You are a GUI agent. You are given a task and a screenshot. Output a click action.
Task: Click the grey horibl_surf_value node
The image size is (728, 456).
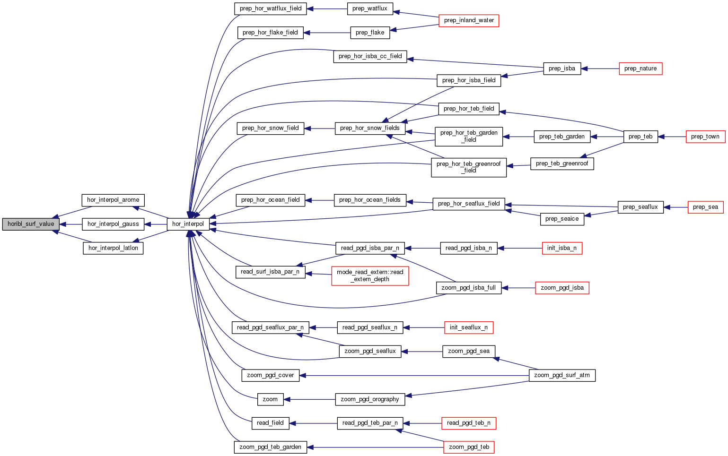coord(31,224)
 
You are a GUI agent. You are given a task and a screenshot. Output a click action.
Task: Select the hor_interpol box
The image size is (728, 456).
coord(188,224)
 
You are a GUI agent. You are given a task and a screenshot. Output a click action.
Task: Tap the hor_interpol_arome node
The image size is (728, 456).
coord(113,200)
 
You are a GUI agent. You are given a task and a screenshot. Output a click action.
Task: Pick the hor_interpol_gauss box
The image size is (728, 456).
coord(113,224)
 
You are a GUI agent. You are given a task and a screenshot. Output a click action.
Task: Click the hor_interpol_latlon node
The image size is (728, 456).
coord(113,248)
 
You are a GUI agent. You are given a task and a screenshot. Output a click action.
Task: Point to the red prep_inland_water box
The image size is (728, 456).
coord(469,20)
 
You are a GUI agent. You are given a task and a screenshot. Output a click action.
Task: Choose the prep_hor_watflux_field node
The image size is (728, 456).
coord(271,9)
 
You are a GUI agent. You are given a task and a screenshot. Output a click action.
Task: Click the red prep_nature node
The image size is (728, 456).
coord(640,69)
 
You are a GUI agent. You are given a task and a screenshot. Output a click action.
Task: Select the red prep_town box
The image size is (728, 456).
coord(705,137)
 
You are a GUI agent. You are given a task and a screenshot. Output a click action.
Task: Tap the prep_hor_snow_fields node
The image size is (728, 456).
coord(370,128)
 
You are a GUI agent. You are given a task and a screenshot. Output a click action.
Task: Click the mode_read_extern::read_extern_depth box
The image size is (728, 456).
coord(370,275)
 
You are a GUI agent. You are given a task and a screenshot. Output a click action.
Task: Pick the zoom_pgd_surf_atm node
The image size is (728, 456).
coord(561,375)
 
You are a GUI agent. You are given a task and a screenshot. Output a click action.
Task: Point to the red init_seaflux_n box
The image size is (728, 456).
coord(468,327)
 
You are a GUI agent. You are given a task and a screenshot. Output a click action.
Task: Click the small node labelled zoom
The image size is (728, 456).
coord(270,399)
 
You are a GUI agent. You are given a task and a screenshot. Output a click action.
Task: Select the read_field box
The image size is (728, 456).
coord(270,423)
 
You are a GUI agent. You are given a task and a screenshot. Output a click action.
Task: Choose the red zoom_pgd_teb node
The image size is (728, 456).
coord(469,447)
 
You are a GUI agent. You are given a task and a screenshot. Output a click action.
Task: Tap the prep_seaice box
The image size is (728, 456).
coord(561,219)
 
